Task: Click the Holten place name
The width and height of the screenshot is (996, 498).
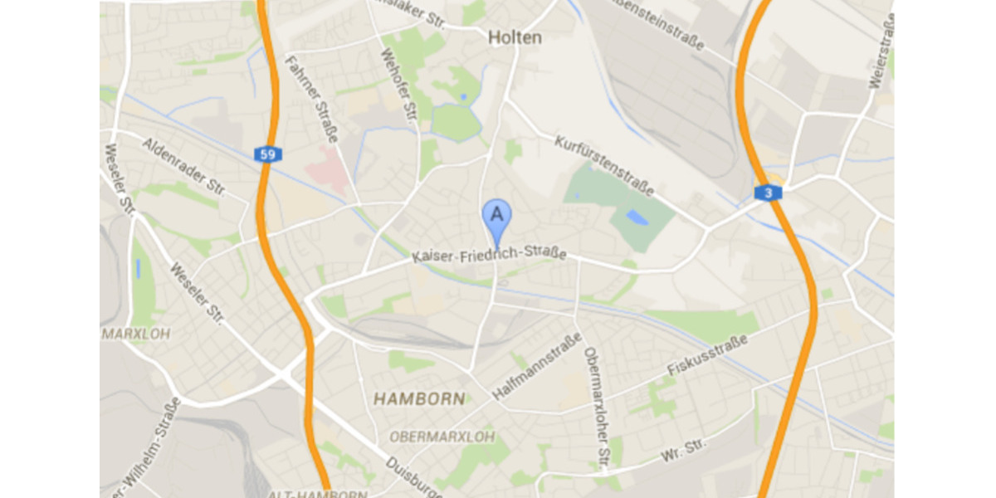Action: click(x=515, y=37)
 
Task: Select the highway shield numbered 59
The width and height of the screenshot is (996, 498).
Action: click(x=267, y=154)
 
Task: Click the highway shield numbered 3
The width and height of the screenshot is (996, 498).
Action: click(x=768, y=193)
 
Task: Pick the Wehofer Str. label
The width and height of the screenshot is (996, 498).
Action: click(x=398, y=87)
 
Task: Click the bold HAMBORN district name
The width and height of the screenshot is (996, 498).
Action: click(x=419, y=399)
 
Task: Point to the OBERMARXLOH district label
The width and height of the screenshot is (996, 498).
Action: click(x=442, y=437)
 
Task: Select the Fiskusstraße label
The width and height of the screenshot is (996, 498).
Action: click(x=708, y=356)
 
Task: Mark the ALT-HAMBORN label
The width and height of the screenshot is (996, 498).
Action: click(x=317, y=494)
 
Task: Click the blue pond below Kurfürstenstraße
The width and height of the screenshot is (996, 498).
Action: click(x=637, y=217)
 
